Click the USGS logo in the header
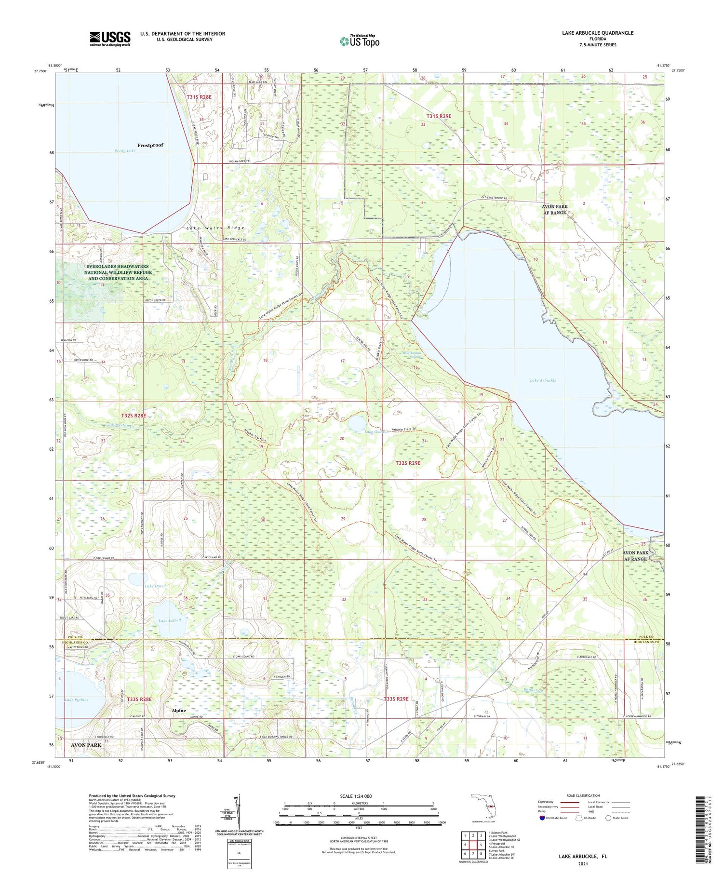[x=110, y=39]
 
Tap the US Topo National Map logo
[x=359, y=41]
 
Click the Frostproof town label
[x=150, y=145]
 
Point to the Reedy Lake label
[x=125, y=151]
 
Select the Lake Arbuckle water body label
[x=543, y=380]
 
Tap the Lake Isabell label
[x=170, y=620]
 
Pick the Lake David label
[x=155, y=586]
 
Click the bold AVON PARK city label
[x=86, y=745]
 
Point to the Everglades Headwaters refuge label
[x=118, y=272]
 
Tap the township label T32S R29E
[x=408, y=463]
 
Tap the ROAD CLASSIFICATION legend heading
[x=583, y=795]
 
